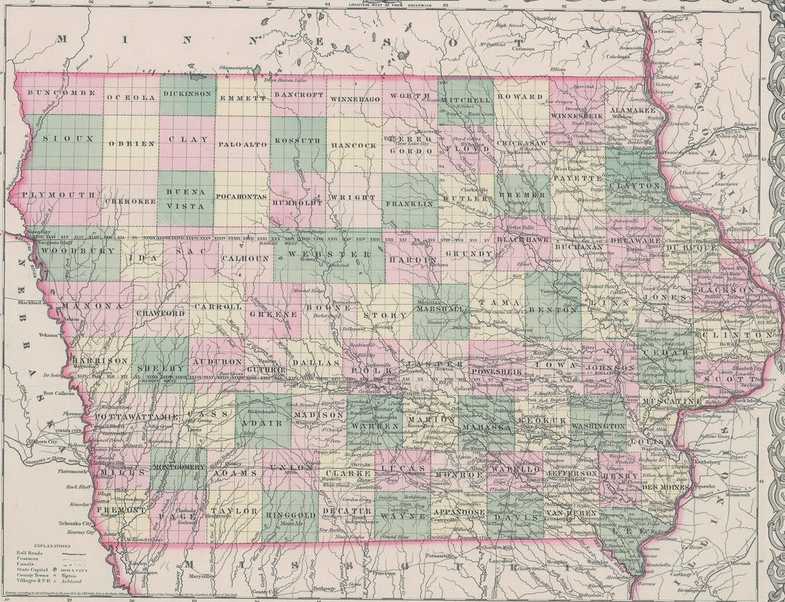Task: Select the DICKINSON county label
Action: (187, 94)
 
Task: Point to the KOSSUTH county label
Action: (298, 141)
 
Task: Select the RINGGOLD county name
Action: (290, 513)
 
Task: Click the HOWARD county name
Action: (520, 96)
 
